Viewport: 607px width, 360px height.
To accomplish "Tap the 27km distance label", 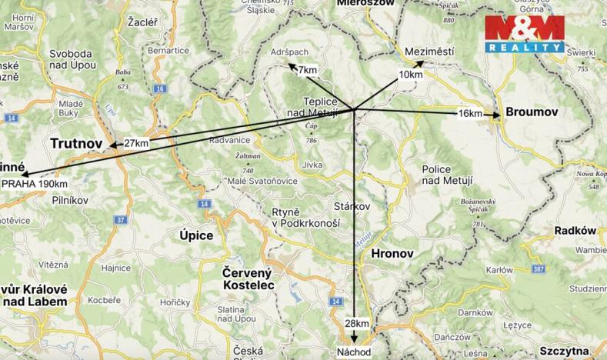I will (135, 143).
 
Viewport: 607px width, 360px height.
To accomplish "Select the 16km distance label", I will (469, 114).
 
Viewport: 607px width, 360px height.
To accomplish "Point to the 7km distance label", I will (307, 70).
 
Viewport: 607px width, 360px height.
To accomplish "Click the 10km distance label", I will (411, 75).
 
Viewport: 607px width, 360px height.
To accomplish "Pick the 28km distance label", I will (357, 323).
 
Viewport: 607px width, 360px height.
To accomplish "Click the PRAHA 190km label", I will (35, 184).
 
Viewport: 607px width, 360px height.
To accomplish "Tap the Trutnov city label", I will (76, 144).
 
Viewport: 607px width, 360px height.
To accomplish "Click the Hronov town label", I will (392, 253).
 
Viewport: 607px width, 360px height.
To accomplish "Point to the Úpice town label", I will (195, 235).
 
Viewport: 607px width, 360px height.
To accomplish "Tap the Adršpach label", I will (289, 52).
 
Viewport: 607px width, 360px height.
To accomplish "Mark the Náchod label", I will (354, 352).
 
